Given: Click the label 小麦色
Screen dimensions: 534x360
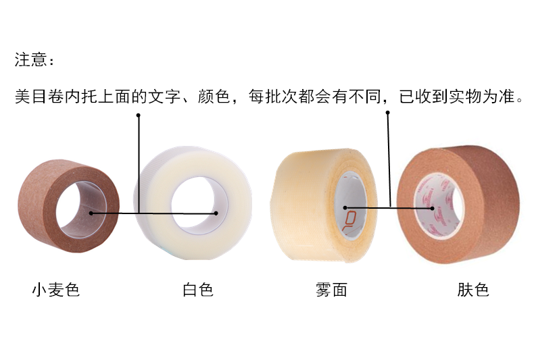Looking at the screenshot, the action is [x=56, y=290].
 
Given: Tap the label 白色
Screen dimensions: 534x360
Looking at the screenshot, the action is [x=198, y=290].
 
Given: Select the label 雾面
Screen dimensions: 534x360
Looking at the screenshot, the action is [x=331, y=290].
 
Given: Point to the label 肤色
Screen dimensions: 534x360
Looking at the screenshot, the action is [x=473, y=290].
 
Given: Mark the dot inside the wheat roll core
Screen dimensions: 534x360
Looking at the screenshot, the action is [x=90, y=213].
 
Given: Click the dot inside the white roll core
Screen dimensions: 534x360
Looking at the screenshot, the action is [x=216, y=213].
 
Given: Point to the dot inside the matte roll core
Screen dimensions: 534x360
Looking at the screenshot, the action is [x=345, y=207].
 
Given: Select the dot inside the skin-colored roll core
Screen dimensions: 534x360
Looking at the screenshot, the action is [x=433, y=208].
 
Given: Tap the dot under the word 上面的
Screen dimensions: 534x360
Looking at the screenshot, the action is [x=139, y=115].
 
